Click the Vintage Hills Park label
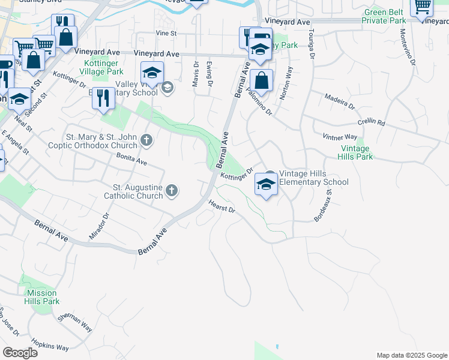click(x=357, y=152)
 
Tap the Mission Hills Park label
click(x=42, y=297)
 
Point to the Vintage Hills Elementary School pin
click(x=266, y=184)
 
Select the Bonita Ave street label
click(x=132, y=159)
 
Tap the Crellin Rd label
click(x=371, y=121)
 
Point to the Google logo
click(x=20, y=352)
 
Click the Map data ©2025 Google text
click(x=411, y=355)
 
